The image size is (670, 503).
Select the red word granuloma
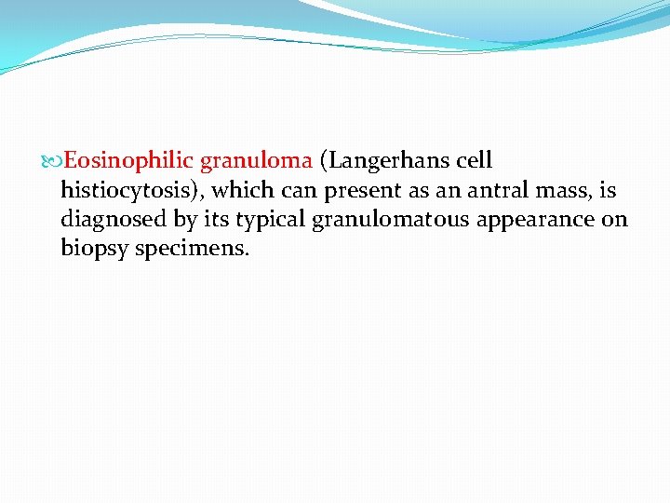click(x=256, y=161)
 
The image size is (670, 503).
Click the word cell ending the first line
click(x=475, y=161)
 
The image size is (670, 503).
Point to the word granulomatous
click(x=364, y=221)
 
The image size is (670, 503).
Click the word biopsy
click(x=91, y=251)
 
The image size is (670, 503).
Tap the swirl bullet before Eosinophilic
click(x=52, y=161)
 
